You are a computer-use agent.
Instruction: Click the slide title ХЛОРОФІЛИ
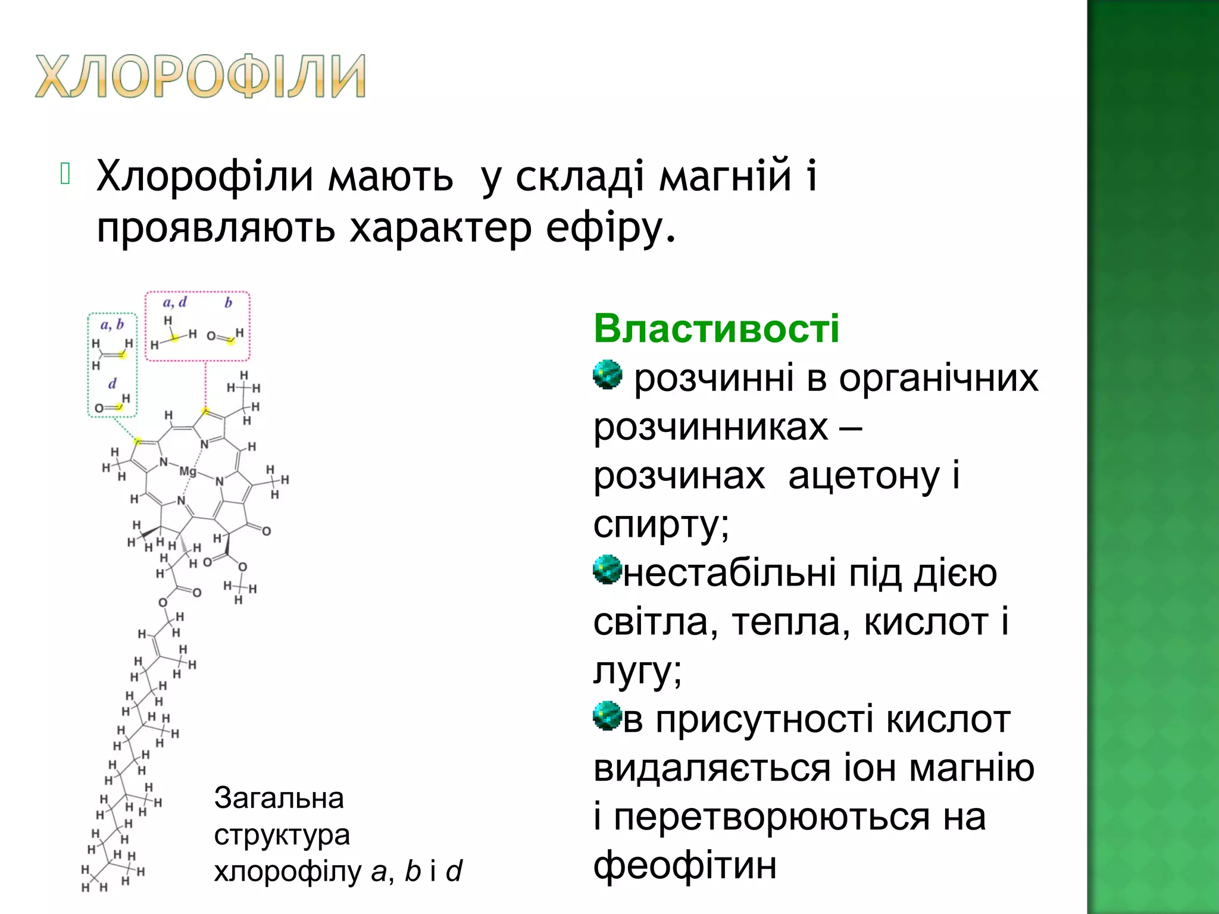pyautogui.click(x=200, y=76)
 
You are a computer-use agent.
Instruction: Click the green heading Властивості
pyautogui.click(x=716, y=328)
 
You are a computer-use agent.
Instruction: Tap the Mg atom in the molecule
pyautogui.click(x=187, y=471)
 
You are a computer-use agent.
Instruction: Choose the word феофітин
pyautogui.click(x=684, y=866)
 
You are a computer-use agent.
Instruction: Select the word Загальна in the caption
pyautogui.click(x=279, y=799)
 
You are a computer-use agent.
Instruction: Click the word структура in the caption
pyautogui.click(x=282, y=835)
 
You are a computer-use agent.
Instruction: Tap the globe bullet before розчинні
pyautogui.click(x=607, y=375)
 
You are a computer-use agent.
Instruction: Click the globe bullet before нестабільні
pyautogui.click(x=607, y=570)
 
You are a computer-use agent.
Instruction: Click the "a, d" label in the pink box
pyautogui.click(x=174, y=303)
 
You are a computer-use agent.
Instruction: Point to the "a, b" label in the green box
pyautogui.click(x=112, y=325)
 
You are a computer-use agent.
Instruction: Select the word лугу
pyautogui.click(x=637, y=671)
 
